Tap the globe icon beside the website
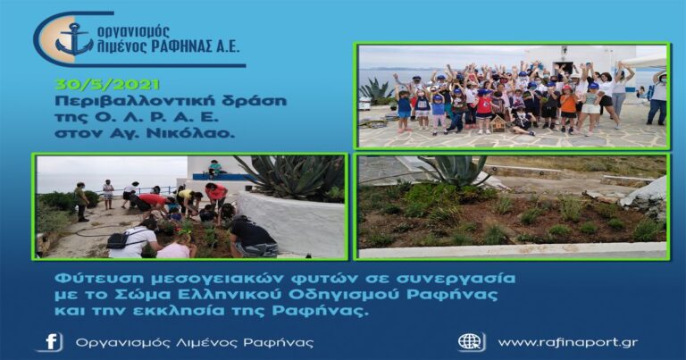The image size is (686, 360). tap(471, 342)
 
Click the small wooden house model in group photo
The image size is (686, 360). tap(497, 122)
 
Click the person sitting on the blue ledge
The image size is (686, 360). tap(214, 168)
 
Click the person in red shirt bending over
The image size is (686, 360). tap(154, 202)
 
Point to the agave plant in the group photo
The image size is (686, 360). tap(375, 89)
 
